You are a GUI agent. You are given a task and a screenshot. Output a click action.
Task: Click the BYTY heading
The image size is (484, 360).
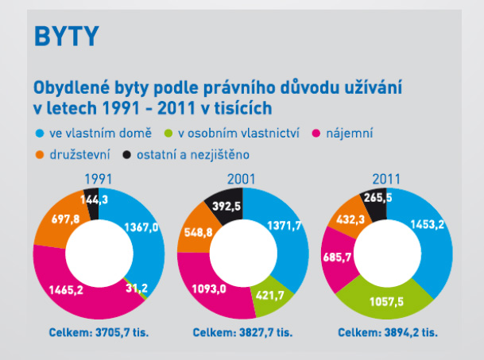click(67, 36)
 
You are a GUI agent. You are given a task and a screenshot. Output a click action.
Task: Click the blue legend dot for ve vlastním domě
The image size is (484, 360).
click(39, 133)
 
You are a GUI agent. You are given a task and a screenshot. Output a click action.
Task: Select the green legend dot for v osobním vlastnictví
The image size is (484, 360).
click(168, 133)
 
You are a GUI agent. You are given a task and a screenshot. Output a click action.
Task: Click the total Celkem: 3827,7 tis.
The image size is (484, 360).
click(243, 331)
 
